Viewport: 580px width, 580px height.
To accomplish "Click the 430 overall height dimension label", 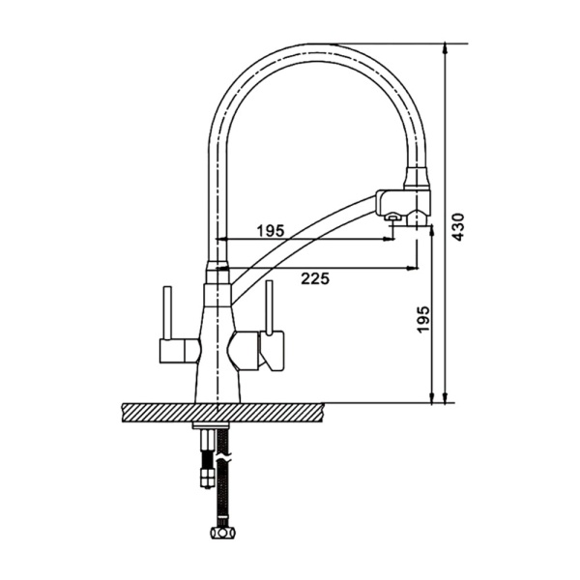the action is (x=458, y=227).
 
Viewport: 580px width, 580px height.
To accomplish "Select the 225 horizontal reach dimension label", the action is (x=315, y=278).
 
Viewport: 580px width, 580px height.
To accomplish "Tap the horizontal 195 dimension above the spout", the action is (x=271, y=230).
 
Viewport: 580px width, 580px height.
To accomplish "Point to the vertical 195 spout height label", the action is (x=424, y=319).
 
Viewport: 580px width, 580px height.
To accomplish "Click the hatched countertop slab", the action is (x=222, y=412).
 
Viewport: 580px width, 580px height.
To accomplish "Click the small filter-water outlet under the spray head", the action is (x=392, y=217).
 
